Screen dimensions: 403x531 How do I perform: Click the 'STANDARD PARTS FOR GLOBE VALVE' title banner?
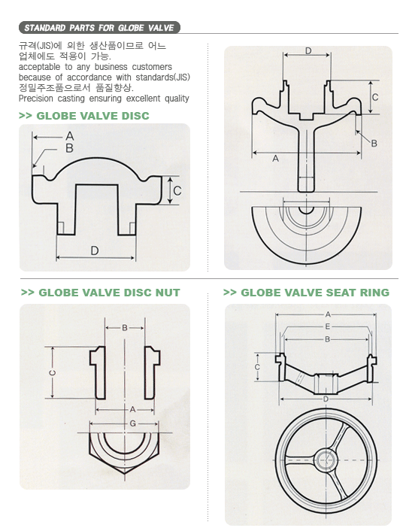[x=99, y=27]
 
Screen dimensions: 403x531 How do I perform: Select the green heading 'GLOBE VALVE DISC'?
[x=92, y=116]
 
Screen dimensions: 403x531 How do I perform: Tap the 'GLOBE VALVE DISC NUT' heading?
[x=109, y=293]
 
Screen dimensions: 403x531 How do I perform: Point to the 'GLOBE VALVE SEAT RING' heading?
[x=315, y=293]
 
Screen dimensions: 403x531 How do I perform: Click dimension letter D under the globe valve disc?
[x=95, y=250]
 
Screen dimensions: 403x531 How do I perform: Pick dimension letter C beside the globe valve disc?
[x=177, y=190]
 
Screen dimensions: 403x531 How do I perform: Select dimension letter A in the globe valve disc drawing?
[x=69, y=136]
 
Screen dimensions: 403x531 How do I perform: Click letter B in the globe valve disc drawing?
[x=69, y=148]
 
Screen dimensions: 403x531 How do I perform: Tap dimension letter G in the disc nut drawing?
[x=133, y=423]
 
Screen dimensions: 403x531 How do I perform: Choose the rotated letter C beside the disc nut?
[x=52, y=373]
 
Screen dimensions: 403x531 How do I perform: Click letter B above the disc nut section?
[x=125, y=328]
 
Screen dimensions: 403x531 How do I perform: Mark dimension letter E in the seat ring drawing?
[x=328, y=326]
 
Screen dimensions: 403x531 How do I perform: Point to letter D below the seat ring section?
[x=326, y=399]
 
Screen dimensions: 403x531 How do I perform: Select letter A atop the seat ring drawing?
[x=328, y=314]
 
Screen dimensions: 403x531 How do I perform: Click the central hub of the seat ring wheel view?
[x=326, y=460]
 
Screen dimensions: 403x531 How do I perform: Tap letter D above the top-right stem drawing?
[x=308, y=51]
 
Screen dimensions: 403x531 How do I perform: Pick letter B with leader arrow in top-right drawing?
[x=374, y=144]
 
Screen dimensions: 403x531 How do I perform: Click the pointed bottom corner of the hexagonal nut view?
[x=124, y=473]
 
